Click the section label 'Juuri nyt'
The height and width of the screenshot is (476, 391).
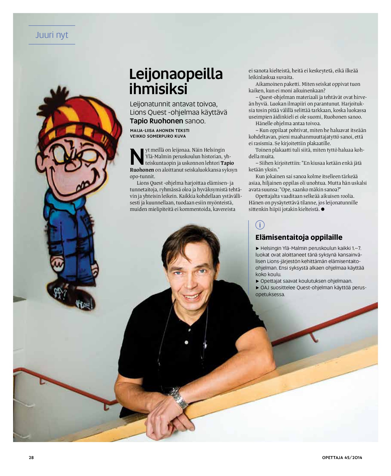tap(52, 35)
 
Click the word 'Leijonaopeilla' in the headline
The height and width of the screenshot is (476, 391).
tap(176, 74)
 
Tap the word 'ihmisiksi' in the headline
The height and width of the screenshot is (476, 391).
tap(158, 89)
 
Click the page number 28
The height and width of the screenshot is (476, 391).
tap(31, 458)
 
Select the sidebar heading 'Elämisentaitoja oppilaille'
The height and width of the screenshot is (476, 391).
tap(299, 237)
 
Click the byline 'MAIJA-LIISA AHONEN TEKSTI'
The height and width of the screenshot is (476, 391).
tap(160, 130)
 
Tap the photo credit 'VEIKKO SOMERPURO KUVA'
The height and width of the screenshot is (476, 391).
tap(158, 136)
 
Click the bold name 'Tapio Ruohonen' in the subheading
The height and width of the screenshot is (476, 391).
tap(156, 121)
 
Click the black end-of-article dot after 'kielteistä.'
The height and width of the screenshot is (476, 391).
tap(323, 209)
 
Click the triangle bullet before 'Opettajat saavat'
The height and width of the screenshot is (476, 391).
tap(258, 281)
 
